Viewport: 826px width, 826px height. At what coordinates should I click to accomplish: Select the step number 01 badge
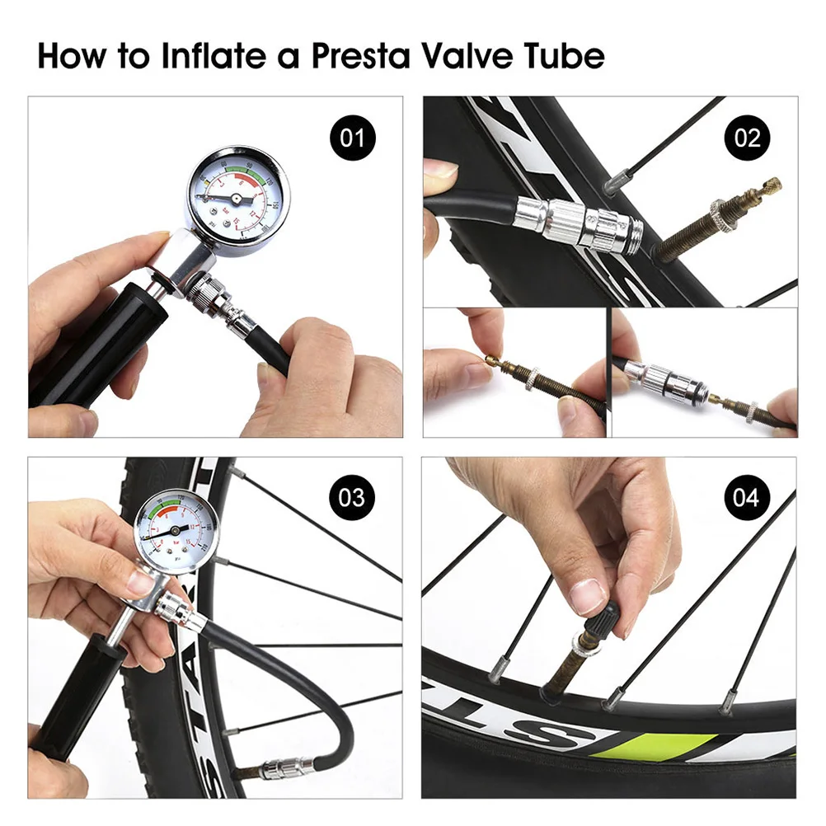pos(353,137)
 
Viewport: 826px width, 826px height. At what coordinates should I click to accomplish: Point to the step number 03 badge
pos(353,497)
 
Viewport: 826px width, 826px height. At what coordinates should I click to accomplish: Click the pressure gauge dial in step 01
pos(236,199)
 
